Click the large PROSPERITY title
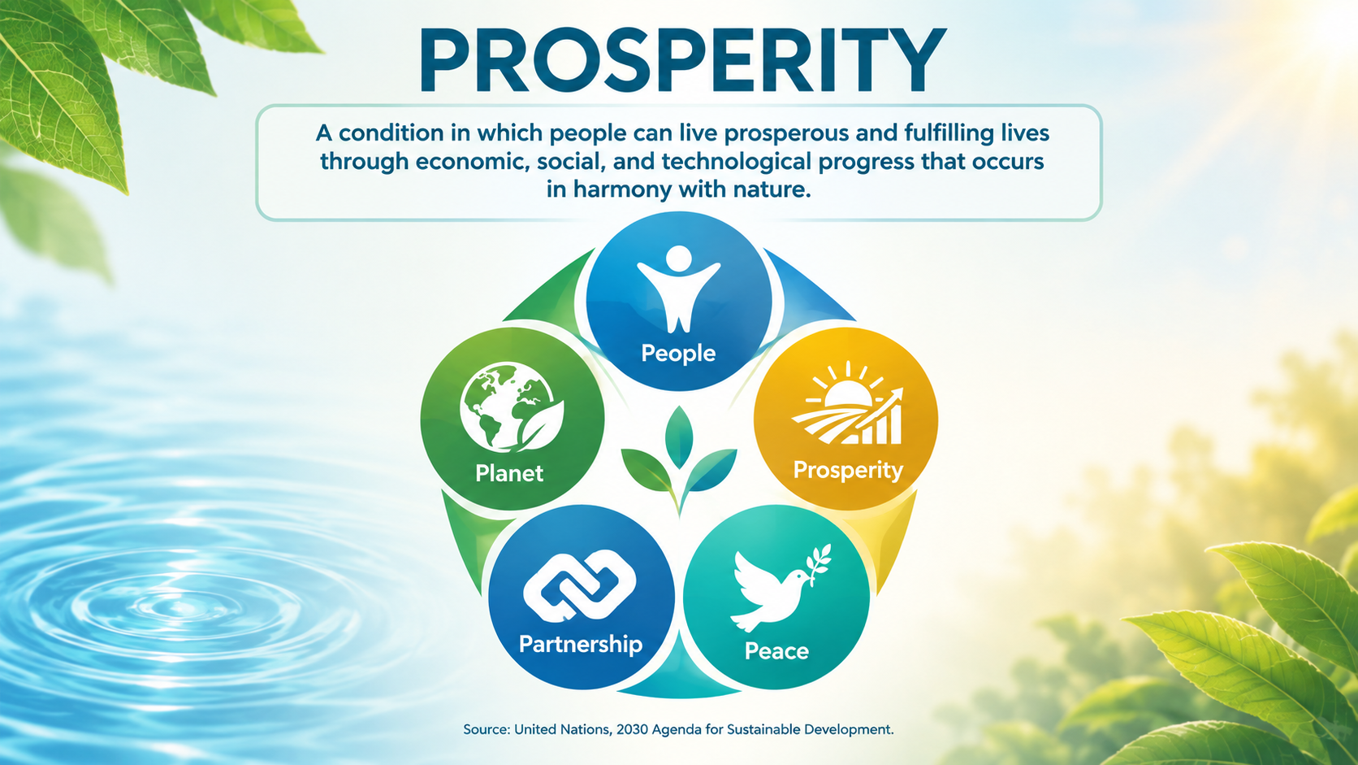point(682,59)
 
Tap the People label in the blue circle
point(678,353)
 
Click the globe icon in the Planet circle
point(511,407)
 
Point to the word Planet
point(509,473)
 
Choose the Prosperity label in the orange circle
point(848,470)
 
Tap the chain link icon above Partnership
point(580,585)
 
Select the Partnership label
point(581,644)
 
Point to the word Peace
point(776,651)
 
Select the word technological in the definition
point(737,161)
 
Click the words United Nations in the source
point(563,729)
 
